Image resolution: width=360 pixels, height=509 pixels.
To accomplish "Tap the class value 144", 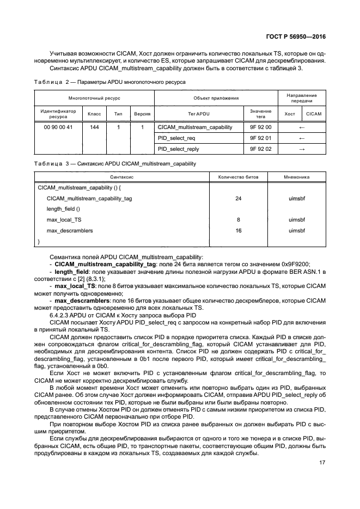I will [x=94, y=127].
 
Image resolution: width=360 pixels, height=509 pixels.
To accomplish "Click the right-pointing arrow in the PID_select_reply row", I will [x=302, y=148].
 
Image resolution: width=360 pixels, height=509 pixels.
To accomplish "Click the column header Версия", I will [x=142, y=114].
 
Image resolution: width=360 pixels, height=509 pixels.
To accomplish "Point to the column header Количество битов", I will [x=239, y=177].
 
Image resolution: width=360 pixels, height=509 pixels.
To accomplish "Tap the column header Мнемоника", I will [x=297, y=177].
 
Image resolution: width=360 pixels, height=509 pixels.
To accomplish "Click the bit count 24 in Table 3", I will [x=238, y=199].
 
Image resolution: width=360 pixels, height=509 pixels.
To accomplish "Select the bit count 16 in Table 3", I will [x=238, y=230].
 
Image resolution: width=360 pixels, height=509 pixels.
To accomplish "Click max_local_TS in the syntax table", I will [x=64, y=220].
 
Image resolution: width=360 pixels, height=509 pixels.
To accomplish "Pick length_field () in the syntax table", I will [x=63, y=209].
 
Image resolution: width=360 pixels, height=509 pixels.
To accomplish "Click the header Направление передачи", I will [x=302, y=98].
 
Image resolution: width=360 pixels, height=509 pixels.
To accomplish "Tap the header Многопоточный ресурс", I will [x=94, y=98].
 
